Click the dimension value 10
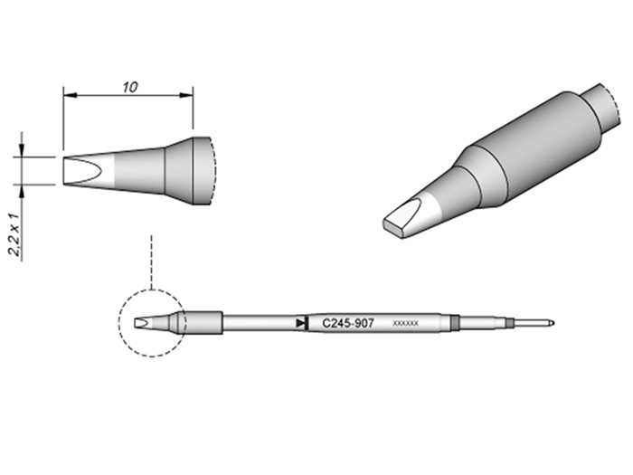(129, 87)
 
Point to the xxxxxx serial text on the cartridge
(405, 323)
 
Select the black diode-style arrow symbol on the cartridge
(300, 322)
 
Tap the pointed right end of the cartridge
(553, 323)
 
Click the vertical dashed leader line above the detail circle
(152, 262)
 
